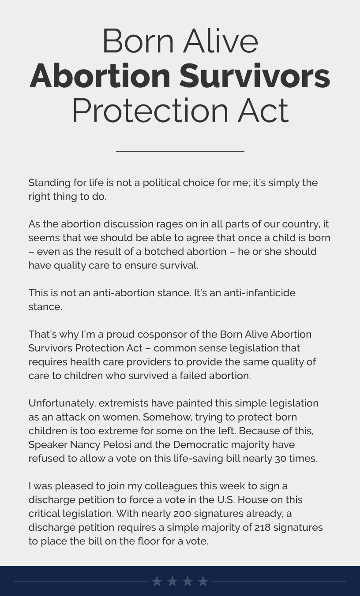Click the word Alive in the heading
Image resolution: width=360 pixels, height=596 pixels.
pos(221,41)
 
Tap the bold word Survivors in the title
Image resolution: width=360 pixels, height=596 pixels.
pos(255,76)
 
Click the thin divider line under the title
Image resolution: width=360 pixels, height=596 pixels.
pos(180,151)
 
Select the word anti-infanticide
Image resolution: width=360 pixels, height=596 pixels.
pos(259,293)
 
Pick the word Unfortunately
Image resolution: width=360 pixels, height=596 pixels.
pos(62,403)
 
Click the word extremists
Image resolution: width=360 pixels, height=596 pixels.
pos(124,403)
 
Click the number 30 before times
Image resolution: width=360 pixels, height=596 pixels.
pos(281,458)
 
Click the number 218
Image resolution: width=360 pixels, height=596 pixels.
pos(262,527)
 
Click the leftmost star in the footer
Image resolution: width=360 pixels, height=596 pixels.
pos(157,581)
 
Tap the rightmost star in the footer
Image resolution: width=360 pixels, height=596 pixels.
pos(203,581)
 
